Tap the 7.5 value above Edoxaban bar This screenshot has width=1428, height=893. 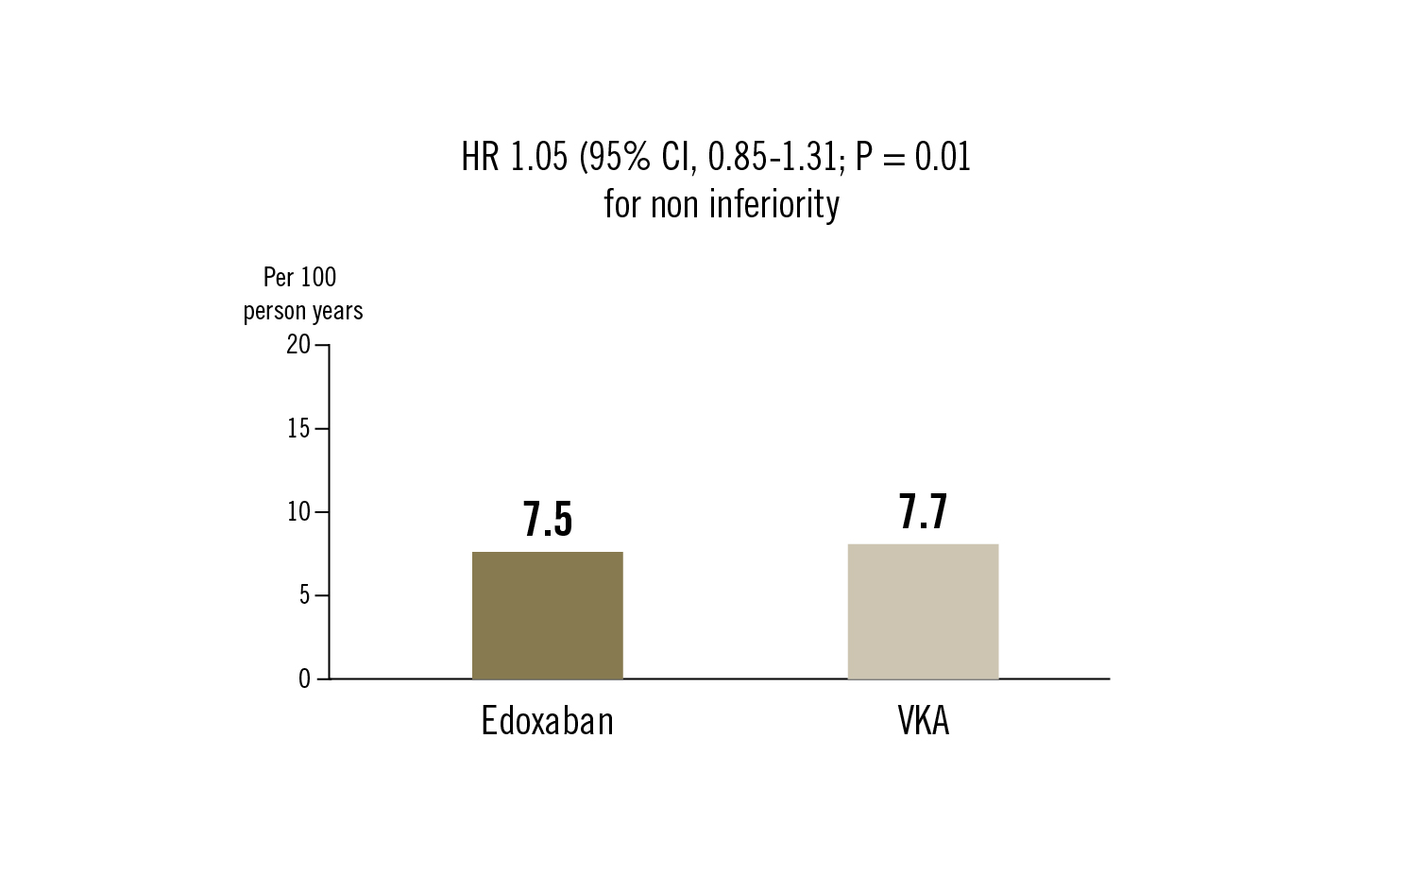548,519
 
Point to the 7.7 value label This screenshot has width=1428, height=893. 923,511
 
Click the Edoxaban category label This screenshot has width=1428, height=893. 547,721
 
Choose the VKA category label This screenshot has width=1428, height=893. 923,721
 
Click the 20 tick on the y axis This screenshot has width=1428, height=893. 298,345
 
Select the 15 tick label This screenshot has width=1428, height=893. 298,429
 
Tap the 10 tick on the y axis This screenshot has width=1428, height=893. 298,512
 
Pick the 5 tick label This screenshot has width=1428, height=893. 304,595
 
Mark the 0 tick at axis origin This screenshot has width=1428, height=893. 304,679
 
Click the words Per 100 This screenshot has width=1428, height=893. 299,277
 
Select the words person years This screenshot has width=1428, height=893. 302,311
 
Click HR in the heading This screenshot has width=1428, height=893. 480,157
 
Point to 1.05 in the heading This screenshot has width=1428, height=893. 538,157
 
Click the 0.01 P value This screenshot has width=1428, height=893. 943,157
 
